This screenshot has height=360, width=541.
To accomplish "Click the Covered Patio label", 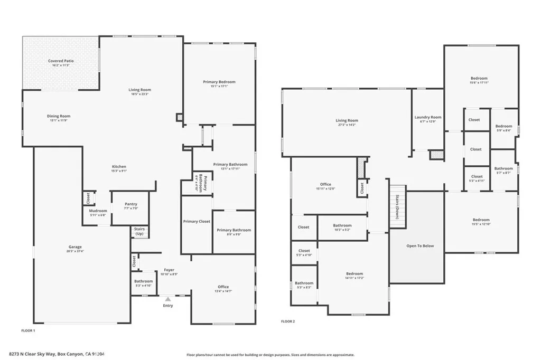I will pyautogui.click(x=61, y=61).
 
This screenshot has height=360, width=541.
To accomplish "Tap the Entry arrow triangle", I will pyautogui.click(x=168, y=299).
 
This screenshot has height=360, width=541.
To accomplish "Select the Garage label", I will pyautogui.click(x=74, y=247).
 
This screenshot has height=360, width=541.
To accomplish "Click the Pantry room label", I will pyautogui.click(x=130, y=204).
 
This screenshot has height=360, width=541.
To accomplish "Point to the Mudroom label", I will pyautogui.click(x=98, y=211).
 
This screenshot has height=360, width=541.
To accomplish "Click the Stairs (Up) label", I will pyautogui.click(x=139, y=232).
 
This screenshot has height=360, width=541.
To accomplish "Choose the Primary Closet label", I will pyautogui.click(x=197, y=221).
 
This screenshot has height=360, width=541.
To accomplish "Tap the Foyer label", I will pyautogui.click(x=169, y=270).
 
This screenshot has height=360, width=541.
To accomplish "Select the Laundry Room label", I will pyautogui.click(x=427, y=117).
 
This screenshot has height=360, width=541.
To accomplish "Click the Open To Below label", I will pyautogui.click(x=420, y=245).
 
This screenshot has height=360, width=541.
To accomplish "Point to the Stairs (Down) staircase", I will pyautogui.click(x=397, y=207).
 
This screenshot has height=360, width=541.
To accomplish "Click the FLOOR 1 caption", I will pyautogui.click(x=27, y=330).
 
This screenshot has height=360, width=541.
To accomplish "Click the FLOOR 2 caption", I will pyautogui.click(x=287, y=321).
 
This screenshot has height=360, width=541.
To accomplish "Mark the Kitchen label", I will pyautogui.click(x=118, y=167).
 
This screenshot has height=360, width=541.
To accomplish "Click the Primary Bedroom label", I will pyautogui.click(x=219, y=82).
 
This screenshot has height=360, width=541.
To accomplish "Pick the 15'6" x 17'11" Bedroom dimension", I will pyautogui.click(x=479, y=82).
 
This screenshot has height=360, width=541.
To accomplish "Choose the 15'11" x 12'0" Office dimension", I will pyautogui.click(x=325, y=188).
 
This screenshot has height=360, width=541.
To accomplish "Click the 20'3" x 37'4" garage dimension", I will pyautogui.click(x=74, y=251).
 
